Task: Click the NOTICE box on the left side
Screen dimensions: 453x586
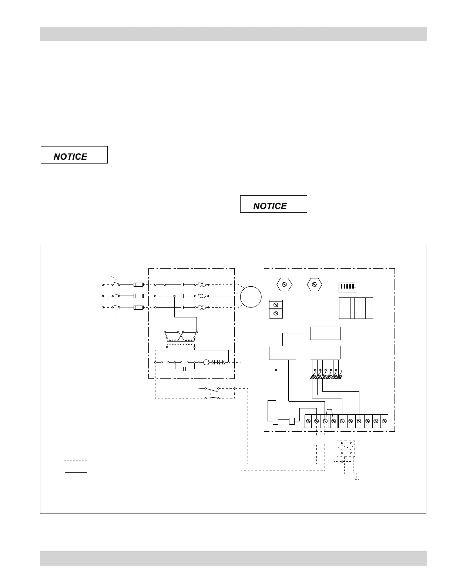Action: point(74,155)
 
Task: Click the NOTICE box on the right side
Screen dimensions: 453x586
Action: point(274,204)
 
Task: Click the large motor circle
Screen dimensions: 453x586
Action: point(251,297)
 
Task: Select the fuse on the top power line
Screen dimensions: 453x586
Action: point(138,285)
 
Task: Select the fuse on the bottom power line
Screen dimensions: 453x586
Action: point(138,307)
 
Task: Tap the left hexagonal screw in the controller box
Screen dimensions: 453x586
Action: point(285,284)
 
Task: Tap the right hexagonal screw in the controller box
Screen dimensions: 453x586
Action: point(315,284)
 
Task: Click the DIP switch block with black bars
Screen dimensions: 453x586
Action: point(348,287)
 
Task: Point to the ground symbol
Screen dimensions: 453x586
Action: point(357,479)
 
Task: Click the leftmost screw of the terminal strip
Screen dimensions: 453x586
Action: point(309,421)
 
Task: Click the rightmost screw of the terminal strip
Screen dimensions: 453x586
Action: point(384,421)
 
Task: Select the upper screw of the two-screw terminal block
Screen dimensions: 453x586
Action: point(276,304)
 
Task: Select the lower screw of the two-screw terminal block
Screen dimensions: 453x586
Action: point(276,313)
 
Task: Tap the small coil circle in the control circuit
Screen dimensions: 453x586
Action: point(206,362)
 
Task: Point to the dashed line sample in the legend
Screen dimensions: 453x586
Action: point(75,461)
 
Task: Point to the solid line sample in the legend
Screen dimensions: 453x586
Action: point(75,472)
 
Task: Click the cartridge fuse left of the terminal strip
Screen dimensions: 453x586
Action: point(283,421)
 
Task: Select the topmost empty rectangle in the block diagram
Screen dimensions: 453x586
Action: point(325,333)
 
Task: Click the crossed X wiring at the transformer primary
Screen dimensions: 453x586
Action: point(181,337)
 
